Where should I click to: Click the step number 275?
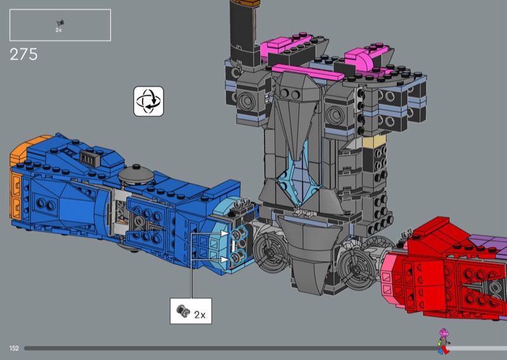click(x=23, y=55)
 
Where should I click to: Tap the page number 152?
click(x=14, y=349)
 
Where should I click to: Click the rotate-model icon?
click(x=149, y=101)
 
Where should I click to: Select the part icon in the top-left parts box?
click(x=60, y=22)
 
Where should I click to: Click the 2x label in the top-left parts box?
click(x=58, y=30)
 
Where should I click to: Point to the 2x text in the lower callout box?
click(x=200, y=315)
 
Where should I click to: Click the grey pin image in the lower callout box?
click(x=183, y=311)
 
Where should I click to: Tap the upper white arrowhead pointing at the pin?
click(x=225, y=233)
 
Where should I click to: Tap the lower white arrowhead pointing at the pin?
click(x=225, y=259)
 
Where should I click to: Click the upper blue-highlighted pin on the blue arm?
click(x=239, y=233)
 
